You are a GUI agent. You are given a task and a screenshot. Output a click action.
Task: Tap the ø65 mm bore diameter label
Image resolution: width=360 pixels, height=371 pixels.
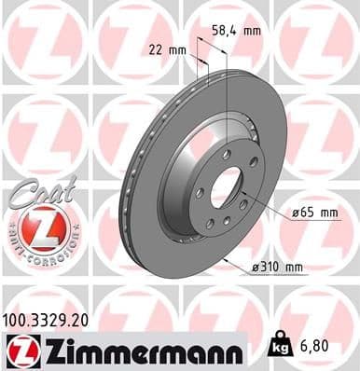pyautogui.click(x=314, y=213)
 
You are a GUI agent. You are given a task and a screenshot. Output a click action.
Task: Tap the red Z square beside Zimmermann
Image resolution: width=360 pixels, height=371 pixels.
pyautogui.click(x=19, y=350)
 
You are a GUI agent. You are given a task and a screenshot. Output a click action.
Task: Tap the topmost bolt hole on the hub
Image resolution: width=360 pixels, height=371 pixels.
pyautogui.click(x=227, y=154)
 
